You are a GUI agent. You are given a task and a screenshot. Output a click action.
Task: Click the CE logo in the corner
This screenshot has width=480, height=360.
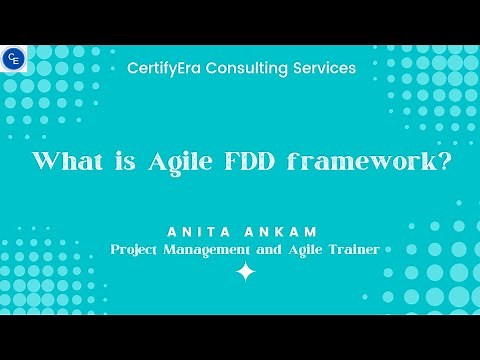click(14, 59)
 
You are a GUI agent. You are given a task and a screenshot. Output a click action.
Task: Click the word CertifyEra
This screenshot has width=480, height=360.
click(167, 68)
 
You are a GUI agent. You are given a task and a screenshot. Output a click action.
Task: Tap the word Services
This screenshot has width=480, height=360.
click(325, 68)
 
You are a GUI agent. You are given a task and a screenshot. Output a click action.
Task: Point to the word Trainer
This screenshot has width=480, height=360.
click(351, 249)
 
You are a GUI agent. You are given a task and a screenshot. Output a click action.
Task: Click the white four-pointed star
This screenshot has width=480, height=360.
click(244, 272)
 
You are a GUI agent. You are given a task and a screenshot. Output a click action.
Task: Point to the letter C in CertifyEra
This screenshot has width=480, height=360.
click(133, 68)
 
